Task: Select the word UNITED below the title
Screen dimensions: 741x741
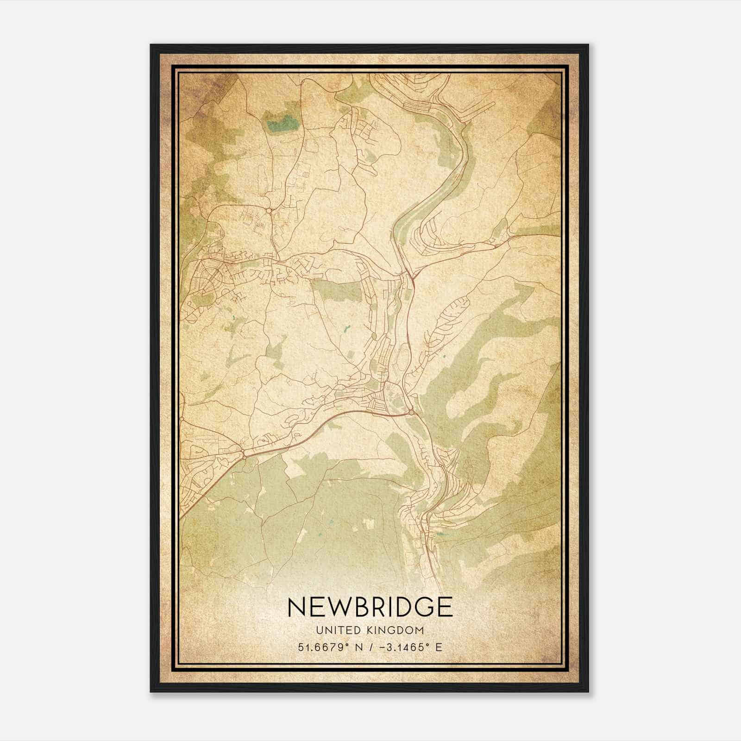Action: point(334,630)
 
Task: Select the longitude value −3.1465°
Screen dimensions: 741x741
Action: point(400,647)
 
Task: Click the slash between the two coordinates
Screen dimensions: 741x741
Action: point(370,647)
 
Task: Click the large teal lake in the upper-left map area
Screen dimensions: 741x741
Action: point(283,123)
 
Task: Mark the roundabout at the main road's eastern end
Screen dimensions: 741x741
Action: point(411,411)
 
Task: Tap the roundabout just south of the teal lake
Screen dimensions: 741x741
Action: point(269,211)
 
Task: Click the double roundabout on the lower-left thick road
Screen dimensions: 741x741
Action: point(243,452)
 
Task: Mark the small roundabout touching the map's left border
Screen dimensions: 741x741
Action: point(182,419)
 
